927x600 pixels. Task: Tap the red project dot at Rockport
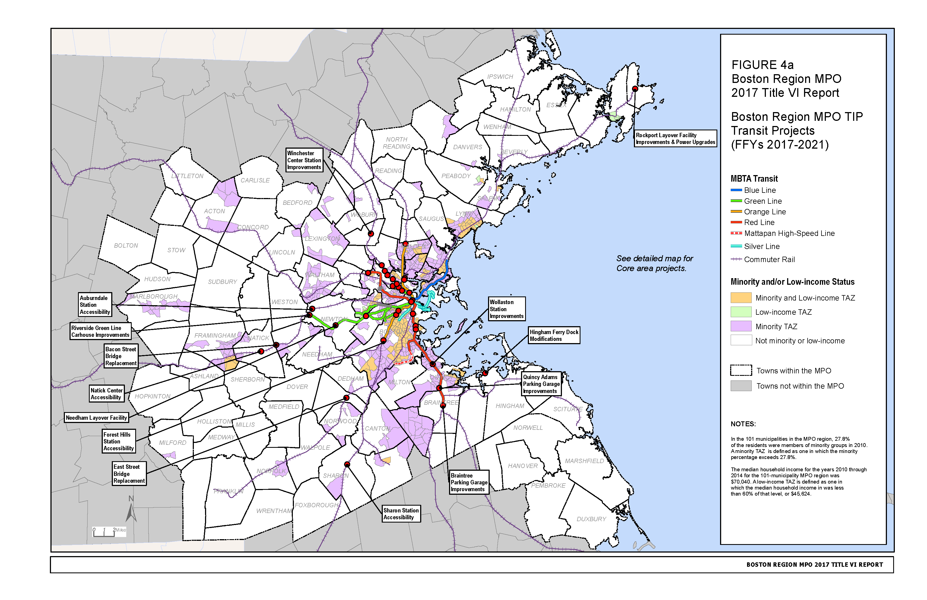[635, 89]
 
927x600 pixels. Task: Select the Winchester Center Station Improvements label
[304, 160]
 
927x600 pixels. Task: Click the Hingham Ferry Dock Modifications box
[553, 335]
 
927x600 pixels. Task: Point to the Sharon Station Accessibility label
[401, 514]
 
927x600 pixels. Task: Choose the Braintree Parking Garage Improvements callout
[469, 482]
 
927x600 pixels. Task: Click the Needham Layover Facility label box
[96, 418]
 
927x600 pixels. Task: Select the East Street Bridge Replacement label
[129, 474]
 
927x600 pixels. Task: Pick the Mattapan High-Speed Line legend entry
[789, 233]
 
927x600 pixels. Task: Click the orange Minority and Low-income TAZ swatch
[741, 298]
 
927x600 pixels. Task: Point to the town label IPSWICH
[500, 77]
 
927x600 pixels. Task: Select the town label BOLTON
[126, 245]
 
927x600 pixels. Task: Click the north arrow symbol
[131, 510]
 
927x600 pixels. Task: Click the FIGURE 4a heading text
[762, 65]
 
